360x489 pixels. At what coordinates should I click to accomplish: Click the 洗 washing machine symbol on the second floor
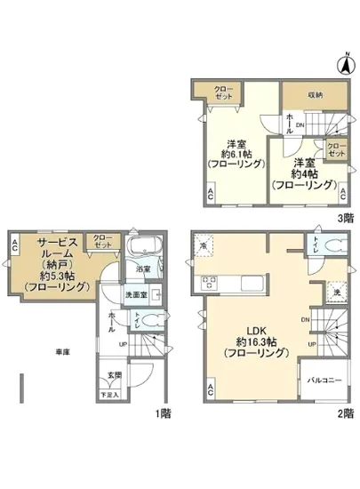tap(335, 290)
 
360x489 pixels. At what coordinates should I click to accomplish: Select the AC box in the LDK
tap(211, 389)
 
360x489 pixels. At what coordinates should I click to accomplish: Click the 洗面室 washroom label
tap(135, 294)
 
